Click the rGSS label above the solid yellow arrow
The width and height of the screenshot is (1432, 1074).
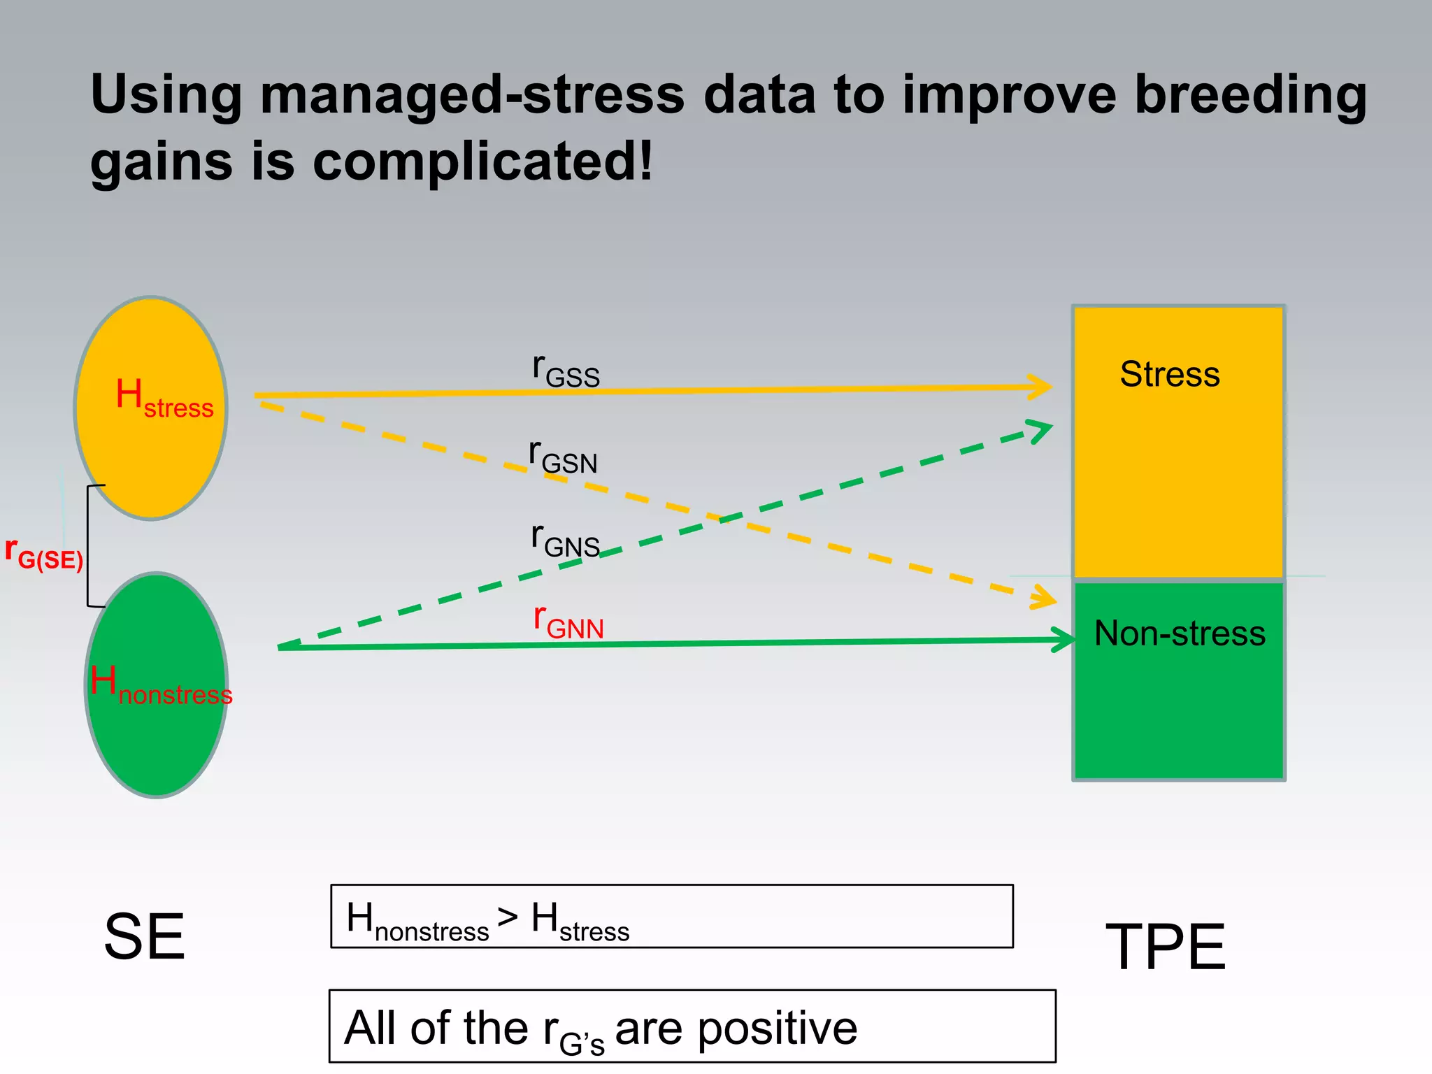[566, 371]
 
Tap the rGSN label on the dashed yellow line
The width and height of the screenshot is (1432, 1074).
[563, 457]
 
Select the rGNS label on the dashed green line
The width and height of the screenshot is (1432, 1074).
[565, 540]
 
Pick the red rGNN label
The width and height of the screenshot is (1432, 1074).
[568, 622]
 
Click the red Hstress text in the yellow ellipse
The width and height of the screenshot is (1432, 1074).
[164, 398]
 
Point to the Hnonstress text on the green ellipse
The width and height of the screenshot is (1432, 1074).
[161, 685]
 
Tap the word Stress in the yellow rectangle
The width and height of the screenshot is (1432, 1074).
[1170, 374]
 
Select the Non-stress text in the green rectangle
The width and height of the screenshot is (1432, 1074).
[1180, 633]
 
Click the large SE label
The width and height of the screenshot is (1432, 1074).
[144, 937]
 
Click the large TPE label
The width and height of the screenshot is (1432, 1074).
[1166, 947]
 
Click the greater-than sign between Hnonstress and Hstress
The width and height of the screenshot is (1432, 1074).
[508, 917]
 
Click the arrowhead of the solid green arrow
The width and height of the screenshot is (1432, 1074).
[1066, 640]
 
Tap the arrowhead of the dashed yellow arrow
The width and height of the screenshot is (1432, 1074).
[1046, 598]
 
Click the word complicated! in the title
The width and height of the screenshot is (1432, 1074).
[482, 162]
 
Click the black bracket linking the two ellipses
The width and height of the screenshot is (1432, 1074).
[88, 545]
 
